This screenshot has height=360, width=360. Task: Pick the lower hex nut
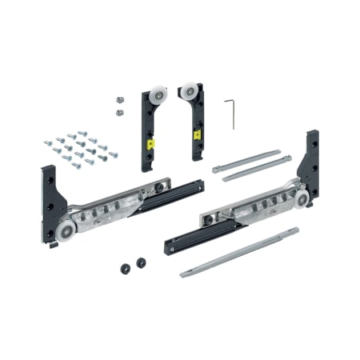[118, 112]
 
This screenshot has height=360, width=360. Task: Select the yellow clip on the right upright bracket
[196, 135]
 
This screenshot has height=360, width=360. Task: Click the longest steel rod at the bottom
[240, 253]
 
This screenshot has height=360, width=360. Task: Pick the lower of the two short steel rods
[256, 168]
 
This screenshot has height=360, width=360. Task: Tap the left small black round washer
[126, 268]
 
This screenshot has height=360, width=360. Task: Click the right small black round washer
[142, 262]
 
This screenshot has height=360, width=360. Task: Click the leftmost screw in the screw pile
[47, 143]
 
